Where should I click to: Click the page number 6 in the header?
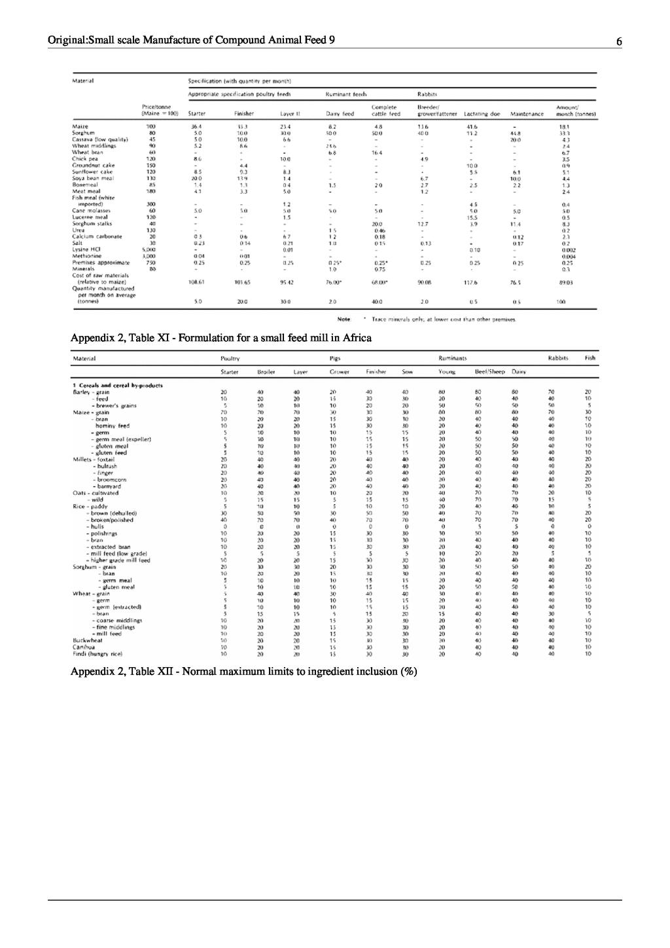pyautogui.click(x=618, y=42)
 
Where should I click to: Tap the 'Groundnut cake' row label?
pyautogui.click(x=93, y=166)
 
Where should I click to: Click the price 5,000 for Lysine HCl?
pyautogui.click(x=151, y=249)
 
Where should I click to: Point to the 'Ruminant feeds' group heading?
pyautogui.click(x=346, y=94)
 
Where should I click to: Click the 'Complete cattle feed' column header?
pyautogui.click(x=385, y=111)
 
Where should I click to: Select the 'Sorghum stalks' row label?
pyautogui.click(x=92, y=224)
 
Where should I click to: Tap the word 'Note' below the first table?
pyautogui.click(x=344, y=319)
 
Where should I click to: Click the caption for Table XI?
pyautogui.click(x=221, y=338)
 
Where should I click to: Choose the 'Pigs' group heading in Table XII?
pyautogui.click(x=335, y=358)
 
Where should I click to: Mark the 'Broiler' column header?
pyautogui.click(x=266, y=372)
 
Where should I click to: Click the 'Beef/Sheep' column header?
pyautogui.click(x=489, y=372)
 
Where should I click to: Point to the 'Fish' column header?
pyautogui.click(x=590, y=358)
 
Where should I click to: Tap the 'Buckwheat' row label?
pyautogui.click(x=88, y=640)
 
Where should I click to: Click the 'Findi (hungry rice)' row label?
pyautogui.click(x=97, y=653)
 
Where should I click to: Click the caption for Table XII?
pyautogui.click(x=243, y=672)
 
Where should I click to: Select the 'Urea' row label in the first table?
pyautogui.click(x=79, y=230)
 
